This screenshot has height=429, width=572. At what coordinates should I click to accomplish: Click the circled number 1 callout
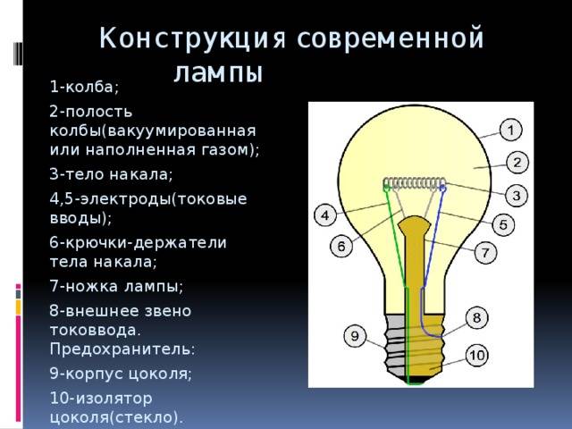[510, 130]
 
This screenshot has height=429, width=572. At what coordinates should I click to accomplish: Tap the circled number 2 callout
[517, 163]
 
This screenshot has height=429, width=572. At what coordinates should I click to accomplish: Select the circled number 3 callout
[517, 195]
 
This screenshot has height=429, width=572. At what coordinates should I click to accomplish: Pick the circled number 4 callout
[325, 215]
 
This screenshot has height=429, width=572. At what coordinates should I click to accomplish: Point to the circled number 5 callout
[503, 224]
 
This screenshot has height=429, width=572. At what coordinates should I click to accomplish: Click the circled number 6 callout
[341, 247]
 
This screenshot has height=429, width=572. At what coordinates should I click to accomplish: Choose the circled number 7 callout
[485, 252]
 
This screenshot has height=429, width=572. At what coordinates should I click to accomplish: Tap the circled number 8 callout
[476, 317]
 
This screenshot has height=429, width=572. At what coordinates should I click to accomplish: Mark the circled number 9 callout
[355, 336]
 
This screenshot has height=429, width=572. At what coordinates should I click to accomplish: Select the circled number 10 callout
[476, 355]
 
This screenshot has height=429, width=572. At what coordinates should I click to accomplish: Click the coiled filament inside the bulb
[415, 183]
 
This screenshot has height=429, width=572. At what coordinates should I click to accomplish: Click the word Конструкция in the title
[192, 38]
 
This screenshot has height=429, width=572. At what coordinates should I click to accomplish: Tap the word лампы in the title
[218, 73]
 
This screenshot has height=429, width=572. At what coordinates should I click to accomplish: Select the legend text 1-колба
[85, 87]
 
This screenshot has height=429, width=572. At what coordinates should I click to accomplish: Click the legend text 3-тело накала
[111, 174]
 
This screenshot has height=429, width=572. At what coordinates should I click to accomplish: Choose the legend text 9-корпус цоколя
[121, 374]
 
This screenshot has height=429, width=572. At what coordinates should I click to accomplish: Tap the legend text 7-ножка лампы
[116, 286]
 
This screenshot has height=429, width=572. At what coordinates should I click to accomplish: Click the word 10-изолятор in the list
[101, 398]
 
